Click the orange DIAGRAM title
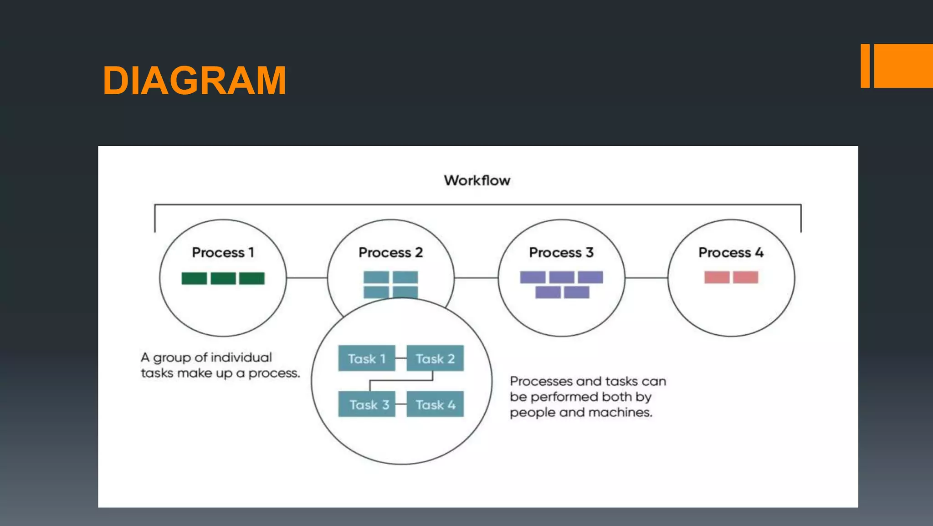click(195, 81)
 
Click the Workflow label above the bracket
click(477, 180)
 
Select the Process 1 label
click(223, 252)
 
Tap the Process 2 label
click(390, 252)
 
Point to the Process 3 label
click(561, 252)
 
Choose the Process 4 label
click(730, 252)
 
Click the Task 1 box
click(366, 358)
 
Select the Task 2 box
click(435, 358)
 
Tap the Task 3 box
click(366, 404)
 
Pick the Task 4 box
click(435, 404)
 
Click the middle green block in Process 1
click(223, 278)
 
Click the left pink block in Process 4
click(717, 277)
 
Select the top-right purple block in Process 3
click(590, 277)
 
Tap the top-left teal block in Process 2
click(376, 277)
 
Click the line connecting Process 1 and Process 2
click(307, 277)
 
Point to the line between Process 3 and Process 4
click(646, 277)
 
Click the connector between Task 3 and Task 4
click(400, 404)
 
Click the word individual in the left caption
click(241, 357)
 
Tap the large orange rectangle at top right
click(903, 66)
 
